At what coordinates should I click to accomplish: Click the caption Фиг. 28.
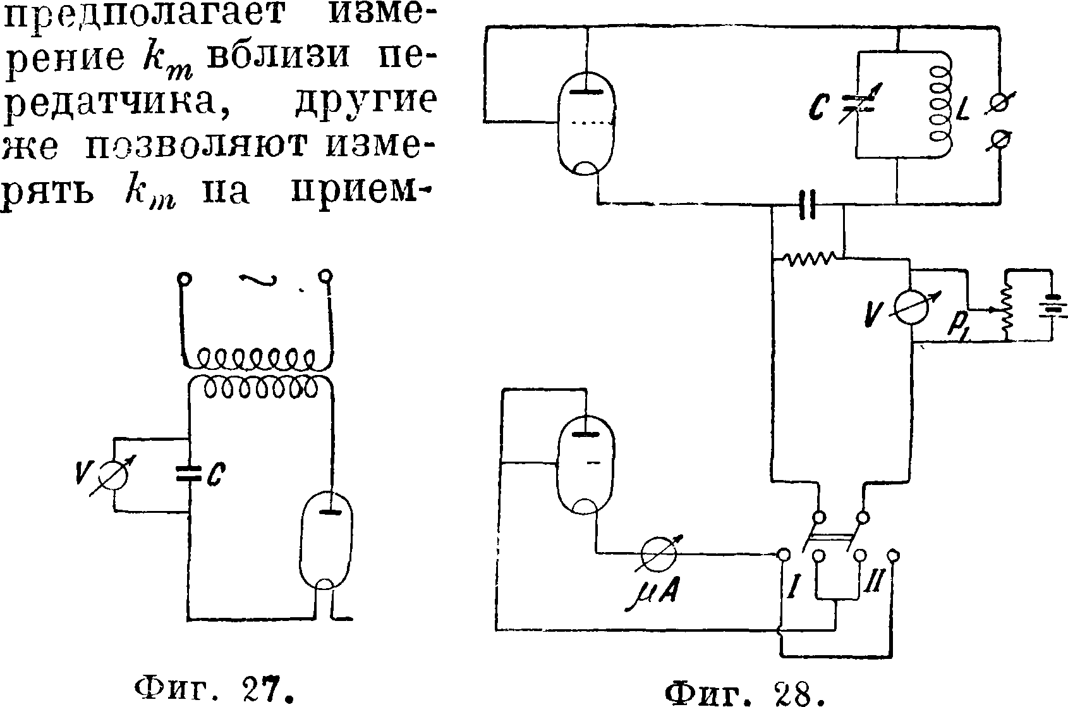746,693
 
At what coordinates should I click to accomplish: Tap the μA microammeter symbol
658,555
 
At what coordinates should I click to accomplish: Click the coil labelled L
938,105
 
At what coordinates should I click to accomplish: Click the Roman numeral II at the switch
870,592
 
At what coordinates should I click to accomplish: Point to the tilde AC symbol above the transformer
258,282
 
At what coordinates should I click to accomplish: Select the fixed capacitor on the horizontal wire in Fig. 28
807,204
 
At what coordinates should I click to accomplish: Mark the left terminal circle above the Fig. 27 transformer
184,278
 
